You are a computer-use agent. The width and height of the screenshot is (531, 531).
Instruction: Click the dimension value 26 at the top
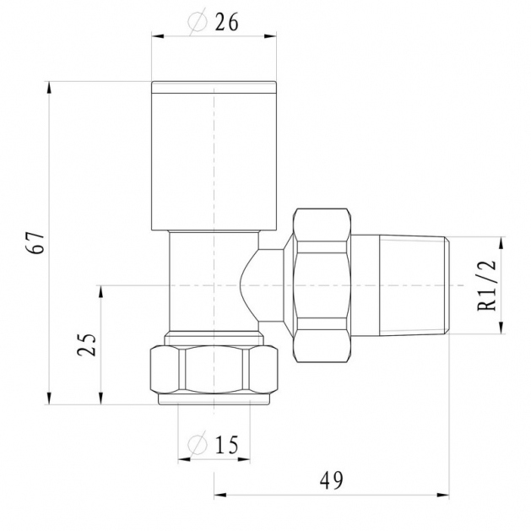pyautogui.click(x=227, y=23)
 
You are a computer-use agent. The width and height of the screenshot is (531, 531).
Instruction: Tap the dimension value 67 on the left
pyautogui.click(x=35, y=243)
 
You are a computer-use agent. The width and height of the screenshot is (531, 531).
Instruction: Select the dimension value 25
pyautogui.click(x=87, y=344)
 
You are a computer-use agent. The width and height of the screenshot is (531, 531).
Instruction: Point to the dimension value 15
pyautogui.click(x=227, y=444)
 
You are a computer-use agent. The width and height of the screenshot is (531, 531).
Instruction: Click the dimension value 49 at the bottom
pyautogui.click(x=331, y=480)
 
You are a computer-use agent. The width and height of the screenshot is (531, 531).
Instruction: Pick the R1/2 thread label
pyautogui.click(x=487, y=285)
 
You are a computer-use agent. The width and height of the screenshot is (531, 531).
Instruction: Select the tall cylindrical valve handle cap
pyautogui.click(x=214, y=156)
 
